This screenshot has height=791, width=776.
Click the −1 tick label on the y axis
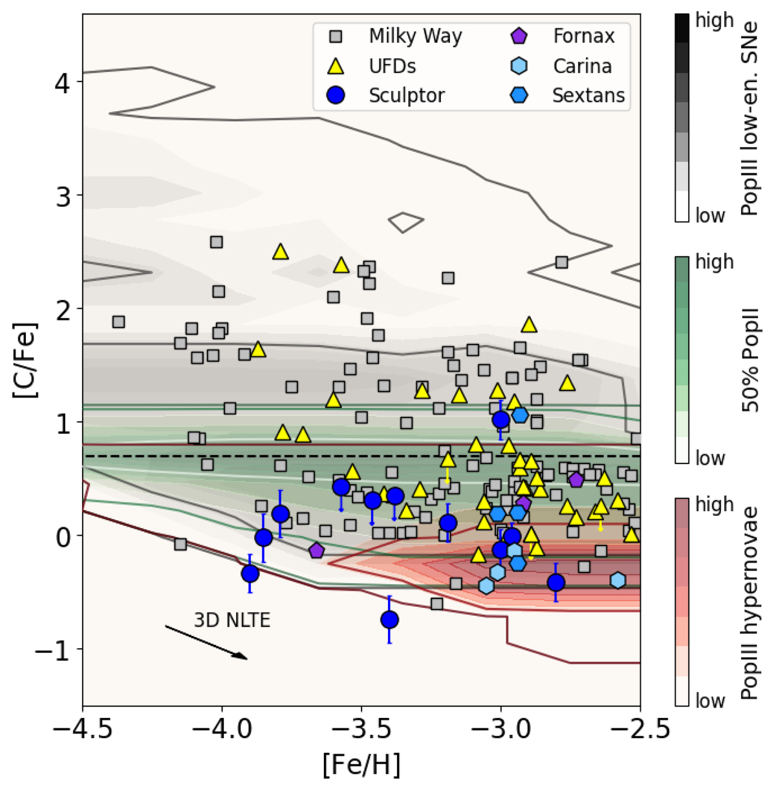click(53, 649)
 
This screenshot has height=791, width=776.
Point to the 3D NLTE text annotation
click(232, 620)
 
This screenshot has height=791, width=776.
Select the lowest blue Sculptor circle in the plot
click(389, 620)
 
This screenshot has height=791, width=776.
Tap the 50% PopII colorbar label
click(750, 359)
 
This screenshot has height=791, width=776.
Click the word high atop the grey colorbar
click(714, 20)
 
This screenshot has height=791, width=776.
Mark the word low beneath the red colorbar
click(710, 701)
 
